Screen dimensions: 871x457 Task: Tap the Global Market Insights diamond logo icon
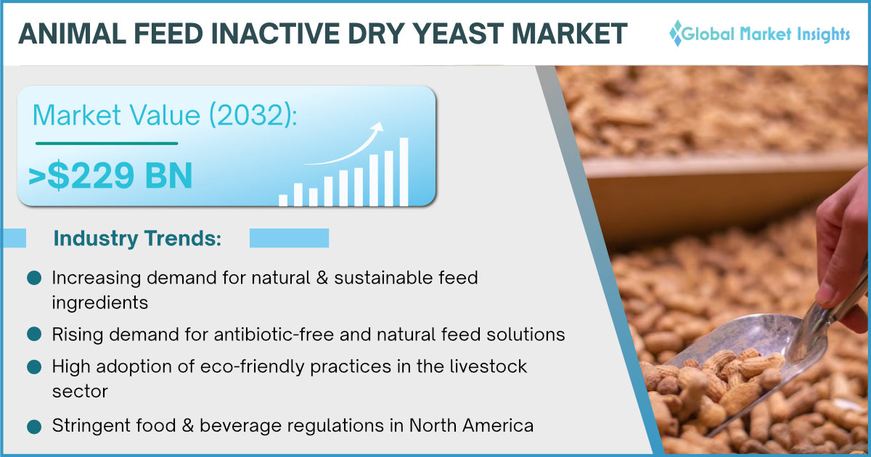coord(677,33)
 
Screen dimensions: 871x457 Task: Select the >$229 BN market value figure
coord(110,176)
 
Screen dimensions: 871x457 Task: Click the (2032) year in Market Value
coord(253,115)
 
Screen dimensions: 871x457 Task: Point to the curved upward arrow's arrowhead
coord(377,127)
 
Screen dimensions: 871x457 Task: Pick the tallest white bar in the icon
coord(404,172)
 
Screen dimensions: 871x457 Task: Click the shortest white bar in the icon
coord(283,200)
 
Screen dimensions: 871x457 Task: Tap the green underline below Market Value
coord(107,144)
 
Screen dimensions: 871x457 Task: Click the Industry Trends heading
coord(137,238)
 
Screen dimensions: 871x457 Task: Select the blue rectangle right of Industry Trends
coord(290,238)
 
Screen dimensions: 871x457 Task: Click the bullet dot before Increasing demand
coord(34,278)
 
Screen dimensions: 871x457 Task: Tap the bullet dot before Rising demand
coord(34,334)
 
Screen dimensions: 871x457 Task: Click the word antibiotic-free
coord(274,334)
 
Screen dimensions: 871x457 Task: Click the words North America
coord(471,425)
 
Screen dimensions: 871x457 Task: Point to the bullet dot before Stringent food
coord(34,427)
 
